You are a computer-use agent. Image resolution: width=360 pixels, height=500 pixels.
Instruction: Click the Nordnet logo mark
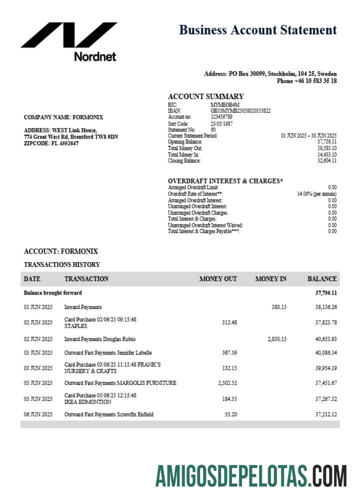tap(69, 35)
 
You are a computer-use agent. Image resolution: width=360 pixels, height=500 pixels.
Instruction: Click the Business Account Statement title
tap(257, 30)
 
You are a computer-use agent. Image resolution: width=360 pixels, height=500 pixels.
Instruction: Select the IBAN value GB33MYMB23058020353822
tap(240, 110)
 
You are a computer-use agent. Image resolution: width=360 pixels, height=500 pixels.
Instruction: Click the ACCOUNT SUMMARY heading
tap(205, 96)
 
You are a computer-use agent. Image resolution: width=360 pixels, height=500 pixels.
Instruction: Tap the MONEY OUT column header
tap(218, 279)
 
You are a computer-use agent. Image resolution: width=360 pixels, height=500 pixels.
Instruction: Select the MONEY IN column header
tap(270, 279)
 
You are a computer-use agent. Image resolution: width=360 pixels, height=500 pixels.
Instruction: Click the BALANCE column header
tap(322, 279)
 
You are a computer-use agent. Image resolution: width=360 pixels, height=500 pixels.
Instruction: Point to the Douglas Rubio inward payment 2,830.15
tap(277, 339)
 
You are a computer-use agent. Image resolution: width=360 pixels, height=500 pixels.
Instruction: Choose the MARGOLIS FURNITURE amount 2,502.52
tap(227, 383)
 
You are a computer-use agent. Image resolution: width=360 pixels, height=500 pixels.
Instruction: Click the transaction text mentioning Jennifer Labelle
tap(108, 353)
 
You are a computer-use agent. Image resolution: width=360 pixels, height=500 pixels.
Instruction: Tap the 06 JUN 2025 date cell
tap(38, 414)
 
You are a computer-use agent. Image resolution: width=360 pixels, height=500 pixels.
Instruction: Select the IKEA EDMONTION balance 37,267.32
tap(326, 399)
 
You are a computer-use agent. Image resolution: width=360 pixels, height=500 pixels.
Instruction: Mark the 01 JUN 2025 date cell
tap(38, 307)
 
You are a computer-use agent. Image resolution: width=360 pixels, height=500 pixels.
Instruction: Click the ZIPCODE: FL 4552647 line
tap(51, 143)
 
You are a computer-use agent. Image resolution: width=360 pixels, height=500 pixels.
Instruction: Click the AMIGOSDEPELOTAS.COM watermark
tap(250, 475)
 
